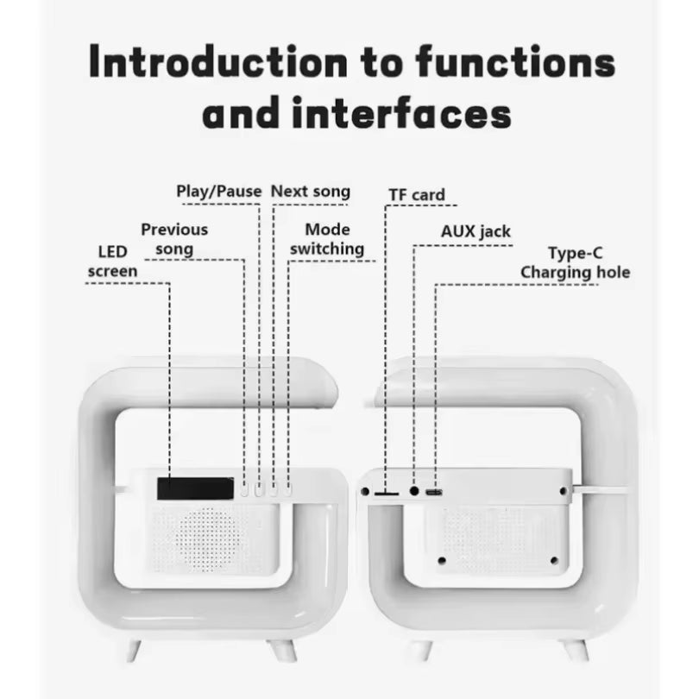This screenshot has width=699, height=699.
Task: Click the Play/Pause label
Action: pyautogui.click(x=218, y=191)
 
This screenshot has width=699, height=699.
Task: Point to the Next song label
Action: pyautogui.click(x=311, y=191)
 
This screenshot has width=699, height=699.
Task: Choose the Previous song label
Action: pyautogui.click(x=174, y=239)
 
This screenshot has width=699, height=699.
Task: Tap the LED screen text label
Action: pyautogui.click(x=111, y=261)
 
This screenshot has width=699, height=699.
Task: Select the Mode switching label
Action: pyautogui.click(x=327, y=239)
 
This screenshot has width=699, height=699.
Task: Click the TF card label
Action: pyautogui.click(x=416, y=195)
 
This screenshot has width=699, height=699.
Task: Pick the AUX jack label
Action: pyautogui.click(x=475, y=231)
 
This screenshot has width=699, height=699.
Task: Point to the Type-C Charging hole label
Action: pyautogui.click(x=575, y=263)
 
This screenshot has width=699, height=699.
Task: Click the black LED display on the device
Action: pyautogui.click(x=195, y=488)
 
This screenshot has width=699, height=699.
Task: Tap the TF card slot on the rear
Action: pyautogui.click(x=385, y=492)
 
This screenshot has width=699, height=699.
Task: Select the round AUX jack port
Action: pyautogui.click(x=414, y=491)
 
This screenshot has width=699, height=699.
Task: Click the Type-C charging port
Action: pyautogui.click(x=435, y=492)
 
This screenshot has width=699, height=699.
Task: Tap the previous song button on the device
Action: pyautogui.click(x=245, y=490)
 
